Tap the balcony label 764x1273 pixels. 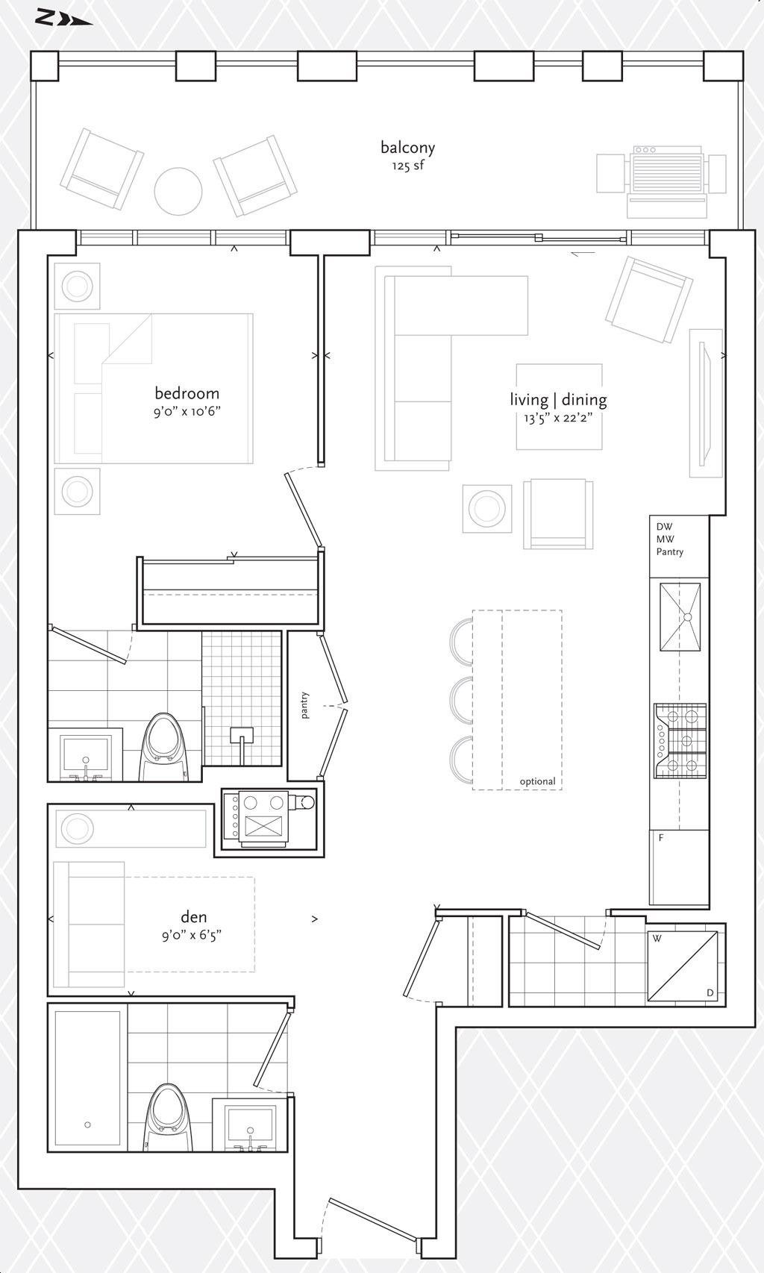point(408,147)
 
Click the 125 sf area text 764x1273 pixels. point(408,166)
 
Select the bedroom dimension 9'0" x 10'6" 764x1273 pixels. point(187,411)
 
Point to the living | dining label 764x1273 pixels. point(558,399)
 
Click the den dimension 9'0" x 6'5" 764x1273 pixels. point(192,935)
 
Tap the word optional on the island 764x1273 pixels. point(537,781)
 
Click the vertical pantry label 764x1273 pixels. point(306,705)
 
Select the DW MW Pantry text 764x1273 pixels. point(670,539)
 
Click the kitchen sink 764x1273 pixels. point(680,616)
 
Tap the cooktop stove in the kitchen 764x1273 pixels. point(680,741)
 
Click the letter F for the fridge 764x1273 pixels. point(660,838)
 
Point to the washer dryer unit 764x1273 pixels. point(682,966)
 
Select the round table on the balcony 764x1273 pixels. point(178,192)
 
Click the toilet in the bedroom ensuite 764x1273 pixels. point(163,748)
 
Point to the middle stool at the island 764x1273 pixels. point(461,700)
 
